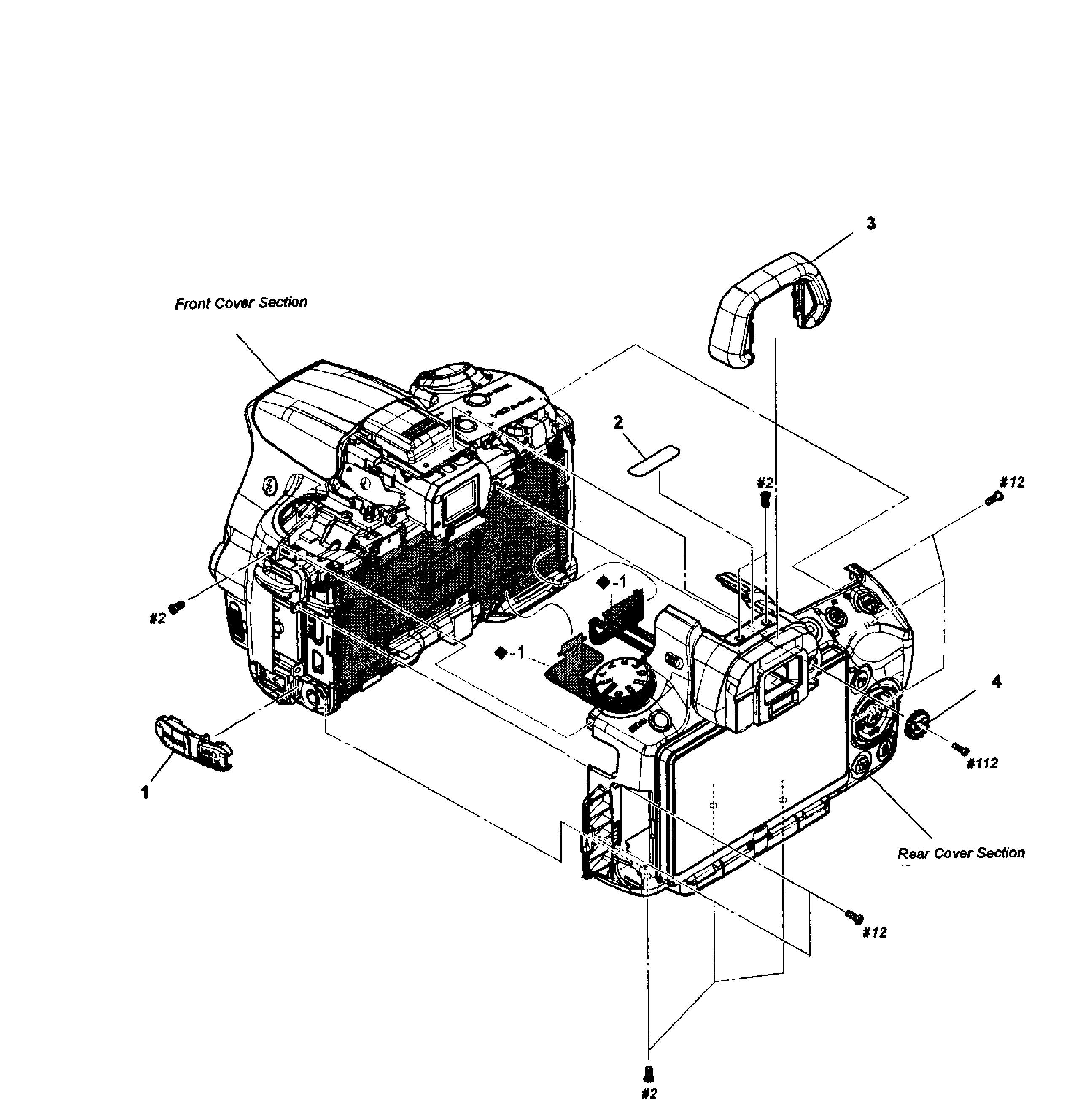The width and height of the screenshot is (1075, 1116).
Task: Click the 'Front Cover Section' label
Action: [241, 303]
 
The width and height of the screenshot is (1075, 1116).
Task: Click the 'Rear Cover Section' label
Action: [961, 853]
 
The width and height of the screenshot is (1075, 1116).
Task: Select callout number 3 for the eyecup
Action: [870, 224]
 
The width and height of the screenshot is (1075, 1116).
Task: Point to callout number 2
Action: [618, 423]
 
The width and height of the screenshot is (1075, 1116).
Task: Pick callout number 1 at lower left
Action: [145, 793]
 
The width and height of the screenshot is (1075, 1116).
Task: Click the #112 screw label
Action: [982, 763]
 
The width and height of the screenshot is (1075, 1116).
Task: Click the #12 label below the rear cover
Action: [875, 932]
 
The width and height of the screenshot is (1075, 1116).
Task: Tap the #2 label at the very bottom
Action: [649, 1093]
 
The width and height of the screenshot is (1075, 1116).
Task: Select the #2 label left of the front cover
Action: [157, 618]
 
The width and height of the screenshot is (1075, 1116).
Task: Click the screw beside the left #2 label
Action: [178, 607]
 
